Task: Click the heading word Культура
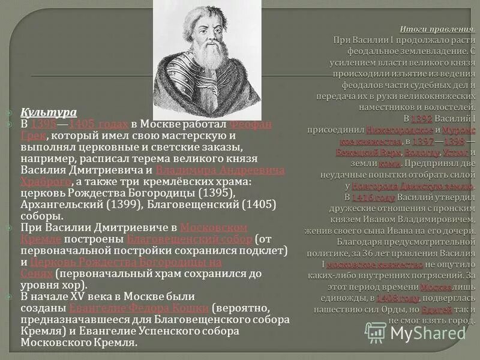(x=49, y=112)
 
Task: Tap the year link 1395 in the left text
(x=44, y=124)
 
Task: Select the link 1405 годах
(x=98, y=124)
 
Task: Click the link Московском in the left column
(x=214, y=227)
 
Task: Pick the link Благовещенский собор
(x=190, y=239)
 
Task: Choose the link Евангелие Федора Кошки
(x=139, y=308)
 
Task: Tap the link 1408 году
(x=398, y=298)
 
